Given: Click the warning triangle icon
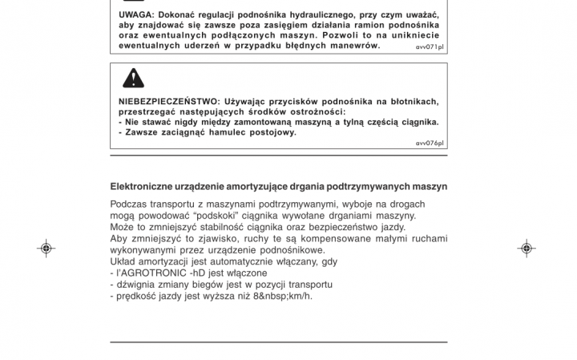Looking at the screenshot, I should pyautogui.click(x=133, y=78).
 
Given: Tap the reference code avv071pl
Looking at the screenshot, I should pyautogui.click(x=430, y=47).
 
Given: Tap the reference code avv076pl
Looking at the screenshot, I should pyautogui.click(x=430, y=143).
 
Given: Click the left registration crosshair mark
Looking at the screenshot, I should pyautogui.click(x=46, y=249).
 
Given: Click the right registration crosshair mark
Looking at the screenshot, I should pyautogui.click(x=527, y=249).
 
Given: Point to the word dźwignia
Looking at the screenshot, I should pyautogui.click(x=135, y=285).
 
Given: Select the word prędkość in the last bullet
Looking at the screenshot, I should pyautogui.click(x=136, y=296).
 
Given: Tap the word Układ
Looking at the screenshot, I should pyautogui.click(x=124, y=261).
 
